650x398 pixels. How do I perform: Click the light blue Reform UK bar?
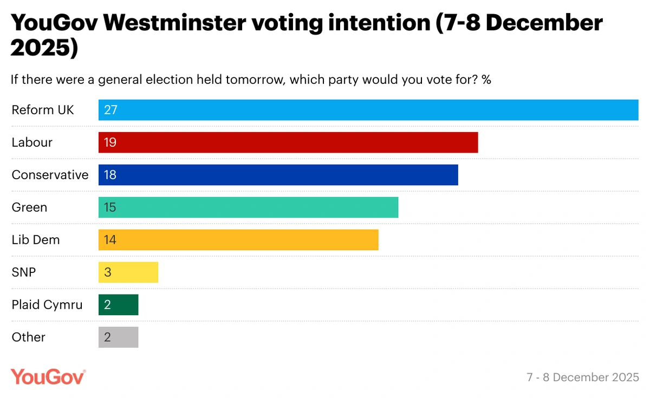[x=368, y=110]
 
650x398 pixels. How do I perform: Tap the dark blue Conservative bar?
[x=278, y=175]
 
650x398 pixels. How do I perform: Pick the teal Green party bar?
[x=248, y=207]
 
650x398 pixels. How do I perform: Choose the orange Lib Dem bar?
[x=238, y=240]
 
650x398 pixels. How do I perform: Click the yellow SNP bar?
[x=128, y=272]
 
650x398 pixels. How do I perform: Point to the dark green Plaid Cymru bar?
[x=119, y=305]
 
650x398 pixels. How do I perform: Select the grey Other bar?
[x=119, y=337]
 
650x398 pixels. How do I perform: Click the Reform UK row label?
[x=43, y=110]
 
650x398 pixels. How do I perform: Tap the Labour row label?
[x=32, y=142]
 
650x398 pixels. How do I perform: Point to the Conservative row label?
[x=50, y=175]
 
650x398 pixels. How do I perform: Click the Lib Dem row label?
[x=36, y=240]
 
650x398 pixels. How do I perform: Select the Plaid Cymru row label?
[x=47, y=305]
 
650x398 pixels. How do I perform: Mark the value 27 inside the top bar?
[x=110, y=110]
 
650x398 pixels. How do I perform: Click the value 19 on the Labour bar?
[x=110, y=142]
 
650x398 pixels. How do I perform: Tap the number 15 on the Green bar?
[x=110, y=207]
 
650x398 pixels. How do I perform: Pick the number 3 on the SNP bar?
[x=107, y=272]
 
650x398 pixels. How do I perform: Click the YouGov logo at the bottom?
[x=48, y=376]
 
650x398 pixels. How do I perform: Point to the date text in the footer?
[x=582, y=377]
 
